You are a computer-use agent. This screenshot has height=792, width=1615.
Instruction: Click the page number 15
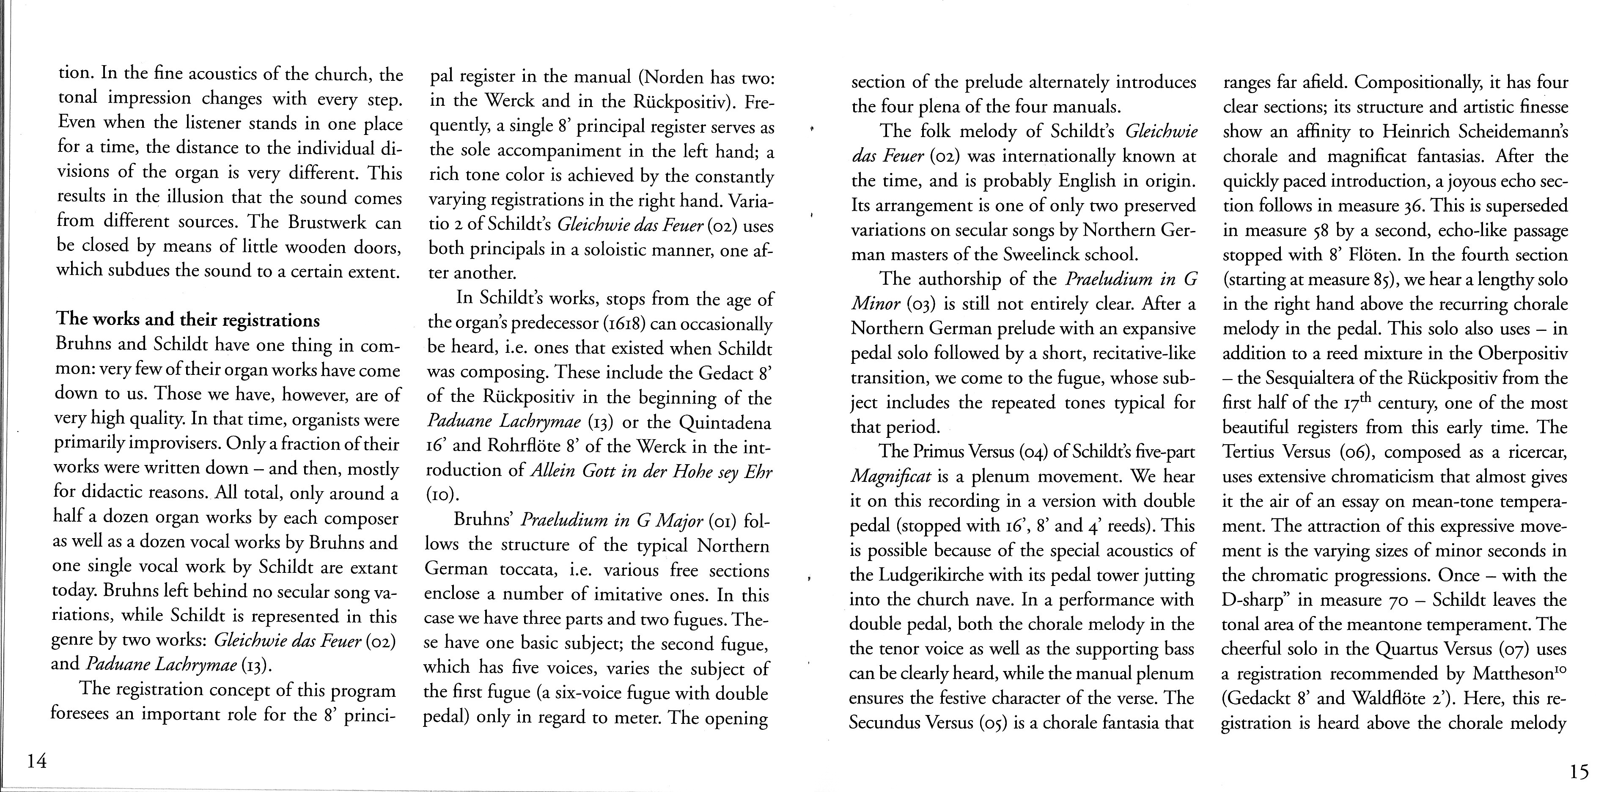[1580, 772]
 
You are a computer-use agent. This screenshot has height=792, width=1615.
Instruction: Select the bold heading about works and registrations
[188, 320]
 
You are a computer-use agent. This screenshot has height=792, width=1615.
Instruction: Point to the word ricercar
[1534, 452]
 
